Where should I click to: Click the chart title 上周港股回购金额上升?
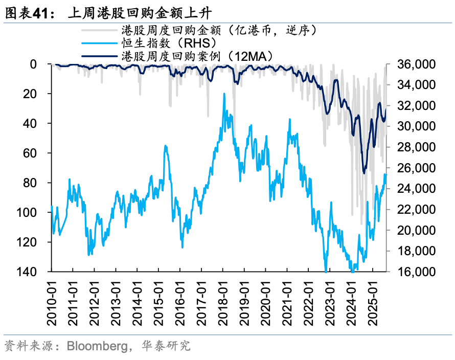click(138, 14)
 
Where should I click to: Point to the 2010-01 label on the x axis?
click(53, 304)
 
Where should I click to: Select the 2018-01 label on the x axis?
click(224, 304)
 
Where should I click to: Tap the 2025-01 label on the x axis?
click(374, 304)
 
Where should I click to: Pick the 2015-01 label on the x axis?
click(160, 304)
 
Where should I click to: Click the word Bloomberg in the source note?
click(97, 346)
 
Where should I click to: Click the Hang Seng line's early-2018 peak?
click(224, 94)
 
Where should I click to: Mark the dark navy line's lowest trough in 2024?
click(364, 173)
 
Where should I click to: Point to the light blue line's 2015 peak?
click(166, 146)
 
